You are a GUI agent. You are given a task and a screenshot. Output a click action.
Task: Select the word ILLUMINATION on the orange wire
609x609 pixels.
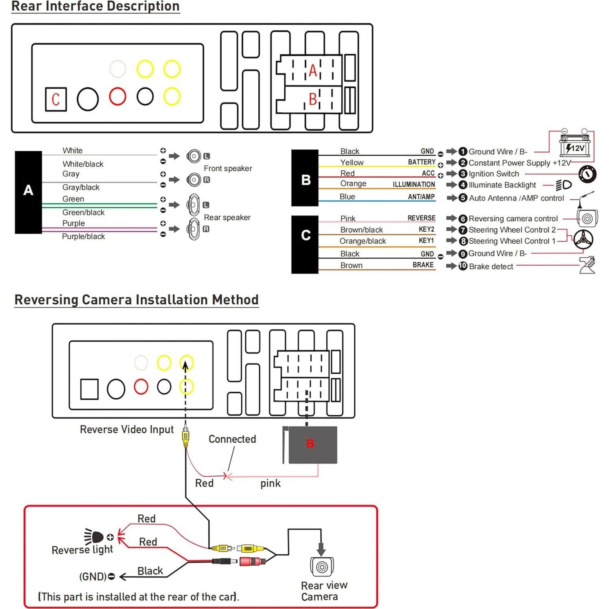point(413,184)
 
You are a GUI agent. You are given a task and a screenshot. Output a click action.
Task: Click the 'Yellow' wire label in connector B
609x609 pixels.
point(352,162)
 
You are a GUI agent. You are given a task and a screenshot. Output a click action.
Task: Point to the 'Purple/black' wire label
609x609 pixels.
point(83,236)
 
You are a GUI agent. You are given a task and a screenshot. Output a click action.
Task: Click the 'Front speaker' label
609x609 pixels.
point(228,168)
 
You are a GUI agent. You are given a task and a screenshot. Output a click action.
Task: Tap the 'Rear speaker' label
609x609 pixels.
point(227,217)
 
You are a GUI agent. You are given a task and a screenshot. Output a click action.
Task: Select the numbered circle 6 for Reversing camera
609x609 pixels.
point(463,219)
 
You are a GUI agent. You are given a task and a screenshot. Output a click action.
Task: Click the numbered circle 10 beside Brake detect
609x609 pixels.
point(463,266)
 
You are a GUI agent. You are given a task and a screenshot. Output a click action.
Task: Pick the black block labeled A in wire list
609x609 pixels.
point(28,192)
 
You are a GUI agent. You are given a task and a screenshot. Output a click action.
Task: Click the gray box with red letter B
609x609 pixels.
point(312,444)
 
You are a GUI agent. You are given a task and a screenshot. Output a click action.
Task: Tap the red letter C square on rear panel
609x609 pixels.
point(56,99)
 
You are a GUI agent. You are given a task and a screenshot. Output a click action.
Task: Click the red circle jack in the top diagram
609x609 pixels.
point(118,96)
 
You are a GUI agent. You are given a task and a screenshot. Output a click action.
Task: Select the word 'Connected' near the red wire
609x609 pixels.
point(232,439)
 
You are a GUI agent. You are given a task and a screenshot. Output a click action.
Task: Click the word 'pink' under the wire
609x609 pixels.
point(271,483)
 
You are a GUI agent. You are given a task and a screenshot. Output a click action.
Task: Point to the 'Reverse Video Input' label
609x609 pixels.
point(127,430)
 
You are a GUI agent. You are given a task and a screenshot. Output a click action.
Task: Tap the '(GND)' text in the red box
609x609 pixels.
point(93,576)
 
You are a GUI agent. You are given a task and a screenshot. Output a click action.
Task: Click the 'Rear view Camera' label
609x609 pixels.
point(324,591)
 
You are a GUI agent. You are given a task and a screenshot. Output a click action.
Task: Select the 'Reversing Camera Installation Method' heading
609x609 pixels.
point(137,300)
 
